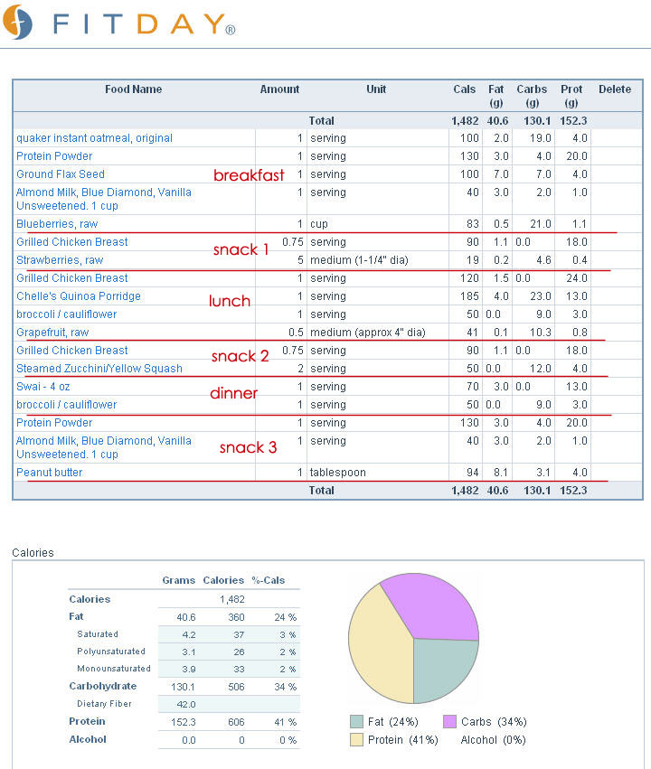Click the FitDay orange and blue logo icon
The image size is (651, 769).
click(17, 22)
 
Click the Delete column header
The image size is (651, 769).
click(615, 89)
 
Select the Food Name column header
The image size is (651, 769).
click(134, 89)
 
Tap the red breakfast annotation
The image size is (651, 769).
click(249, 175)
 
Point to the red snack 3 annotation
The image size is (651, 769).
click(249, 447)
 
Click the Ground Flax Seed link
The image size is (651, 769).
click(61, 174)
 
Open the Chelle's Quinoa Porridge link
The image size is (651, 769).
click(79, 296)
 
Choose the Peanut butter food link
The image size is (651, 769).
click(50, 473)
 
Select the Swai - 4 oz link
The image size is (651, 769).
click(43, 387)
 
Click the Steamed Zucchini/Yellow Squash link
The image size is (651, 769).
click(99, 369)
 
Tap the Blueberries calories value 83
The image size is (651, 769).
click(473, 224)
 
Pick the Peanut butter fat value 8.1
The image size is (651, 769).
click(501, 473)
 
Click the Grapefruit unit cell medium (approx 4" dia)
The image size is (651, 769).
click(367, 333)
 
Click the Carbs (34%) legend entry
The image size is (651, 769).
click(485, 722)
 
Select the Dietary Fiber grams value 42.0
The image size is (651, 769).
click(186, 704)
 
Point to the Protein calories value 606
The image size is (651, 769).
click(236, 722)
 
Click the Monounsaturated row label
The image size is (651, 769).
click(114, 669)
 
